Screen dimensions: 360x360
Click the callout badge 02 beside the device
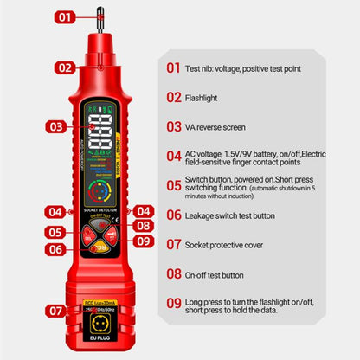click(65, 67)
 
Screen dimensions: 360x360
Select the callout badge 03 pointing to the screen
click(57, 126)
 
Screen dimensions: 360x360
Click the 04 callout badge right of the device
click(143, 210)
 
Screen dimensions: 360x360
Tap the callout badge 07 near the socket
click(56, 309)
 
